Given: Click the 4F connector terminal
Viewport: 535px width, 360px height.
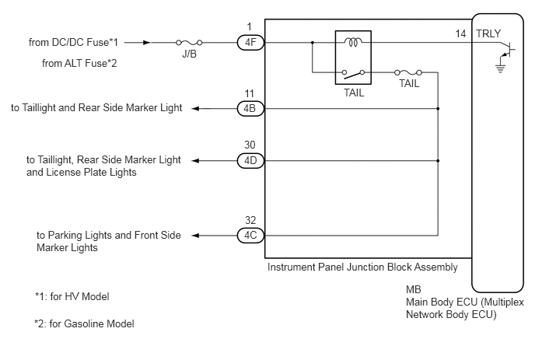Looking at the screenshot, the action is [250, 43].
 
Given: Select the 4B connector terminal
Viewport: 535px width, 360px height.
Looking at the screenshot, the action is [250, 109].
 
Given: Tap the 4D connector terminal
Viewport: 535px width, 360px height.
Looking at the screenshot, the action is [250, 160].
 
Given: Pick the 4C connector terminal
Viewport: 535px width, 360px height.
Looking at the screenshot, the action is [250, 236].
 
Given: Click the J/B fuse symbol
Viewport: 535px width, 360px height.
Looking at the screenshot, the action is [189, 43].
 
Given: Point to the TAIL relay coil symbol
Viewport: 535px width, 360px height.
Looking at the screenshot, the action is [353, 42].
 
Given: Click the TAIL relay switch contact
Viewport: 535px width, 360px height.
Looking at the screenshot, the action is [353, 73].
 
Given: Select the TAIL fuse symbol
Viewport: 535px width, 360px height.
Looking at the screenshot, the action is [408, 72].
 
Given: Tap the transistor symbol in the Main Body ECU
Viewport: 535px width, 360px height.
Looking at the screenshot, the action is [507, 50].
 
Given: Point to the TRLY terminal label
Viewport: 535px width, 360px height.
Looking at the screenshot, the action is [488, 33].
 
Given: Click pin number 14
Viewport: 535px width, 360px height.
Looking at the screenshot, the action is [460, 33].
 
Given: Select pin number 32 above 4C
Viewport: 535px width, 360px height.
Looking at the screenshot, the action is [250, 220].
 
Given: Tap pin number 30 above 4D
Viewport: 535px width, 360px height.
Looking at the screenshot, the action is [250, 145].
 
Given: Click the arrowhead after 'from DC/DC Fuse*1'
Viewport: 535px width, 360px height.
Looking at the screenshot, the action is [147, 43].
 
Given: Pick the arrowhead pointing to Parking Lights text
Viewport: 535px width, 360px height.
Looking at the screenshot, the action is [195, 236].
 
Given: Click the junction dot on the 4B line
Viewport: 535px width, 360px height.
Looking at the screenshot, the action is [438, 109].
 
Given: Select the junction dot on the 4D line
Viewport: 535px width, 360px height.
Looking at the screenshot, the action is [438, 160].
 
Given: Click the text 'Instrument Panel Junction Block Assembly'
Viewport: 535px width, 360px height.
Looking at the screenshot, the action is [362, 267].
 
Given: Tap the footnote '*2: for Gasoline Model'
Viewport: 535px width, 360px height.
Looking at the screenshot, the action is [84, 323].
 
